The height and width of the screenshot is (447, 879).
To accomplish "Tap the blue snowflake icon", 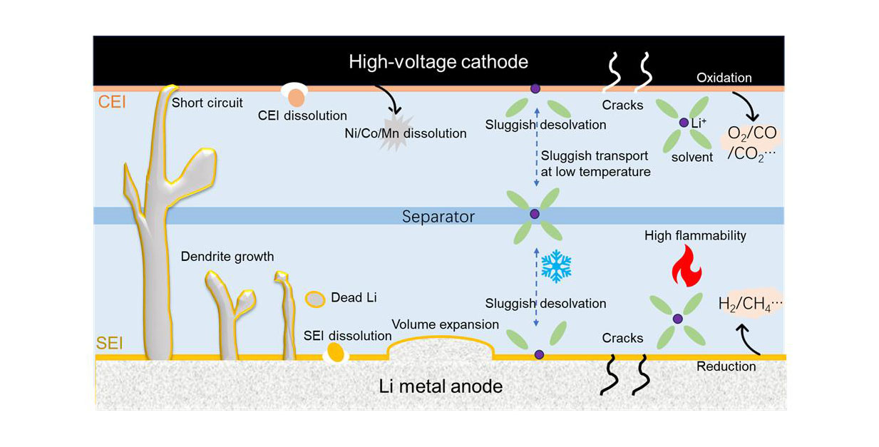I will (x=556, y=267).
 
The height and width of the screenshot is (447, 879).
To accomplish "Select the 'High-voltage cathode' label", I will (x=438, y=62).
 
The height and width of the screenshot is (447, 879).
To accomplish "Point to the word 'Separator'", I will (x=438, y=216).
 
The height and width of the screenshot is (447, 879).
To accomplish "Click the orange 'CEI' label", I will (x=111, y=102).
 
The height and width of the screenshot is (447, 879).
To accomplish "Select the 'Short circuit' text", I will (x=207, y=103).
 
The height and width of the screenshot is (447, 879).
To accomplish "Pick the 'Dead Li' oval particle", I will (x=316, y=299).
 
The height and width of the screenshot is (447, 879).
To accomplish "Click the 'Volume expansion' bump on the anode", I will (x=439, y=348).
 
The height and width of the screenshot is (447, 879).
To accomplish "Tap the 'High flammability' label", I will (x=695, y=235).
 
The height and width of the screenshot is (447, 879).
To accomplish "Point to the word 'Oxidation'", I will (x=724, y=77).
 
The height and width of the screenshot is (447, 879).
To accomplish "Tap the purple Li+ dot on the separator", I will (x=535, y=214).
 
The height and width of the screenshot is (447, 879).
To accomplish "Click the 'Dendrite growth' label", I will (x=227, y=257).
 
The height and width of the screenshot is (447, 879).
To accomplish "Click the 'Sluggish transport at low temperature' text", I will (x=595, y=163).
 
